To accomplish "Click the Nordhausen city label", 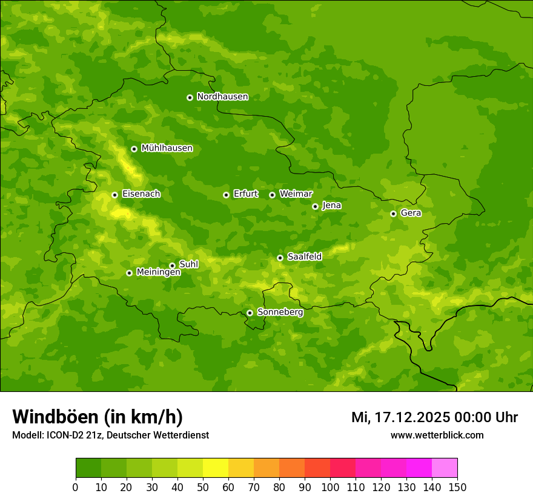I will click(222, 97).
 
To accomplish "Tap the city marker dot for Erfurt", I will click(226, 195).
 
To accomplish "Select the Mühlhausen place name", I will click(167, 148).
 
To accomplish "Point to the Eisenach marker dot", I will click(114, 195).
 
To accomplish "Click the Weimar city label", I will click(296, 194).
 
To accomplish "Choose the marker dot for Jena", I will click(315, 206).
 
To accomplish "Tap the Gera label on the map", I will click(411, 213).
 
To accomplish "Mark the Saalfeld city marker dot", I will click(280, 258).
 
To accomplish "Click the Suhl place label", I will click(188, 264).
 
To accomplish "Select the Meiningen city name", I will click(158, 272).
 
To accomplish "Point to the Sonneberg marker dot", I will click(250, 313).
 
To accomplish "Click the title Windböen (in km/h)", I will click(98, 417).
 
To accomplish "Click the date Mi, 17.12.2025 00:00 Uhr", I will click(434, 417).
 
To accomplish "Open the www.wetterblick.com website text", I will click(437, 435).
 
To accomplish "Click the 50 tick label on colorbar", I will click(203, 487).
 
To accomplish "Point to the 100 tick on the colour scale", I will click(330, 487).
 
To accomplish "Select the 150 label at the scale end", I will click(457, 487).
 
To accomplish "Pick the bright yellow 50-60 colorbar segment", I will click(216, 468).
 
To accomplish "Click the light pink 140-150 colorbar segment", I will click(445, 468).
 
